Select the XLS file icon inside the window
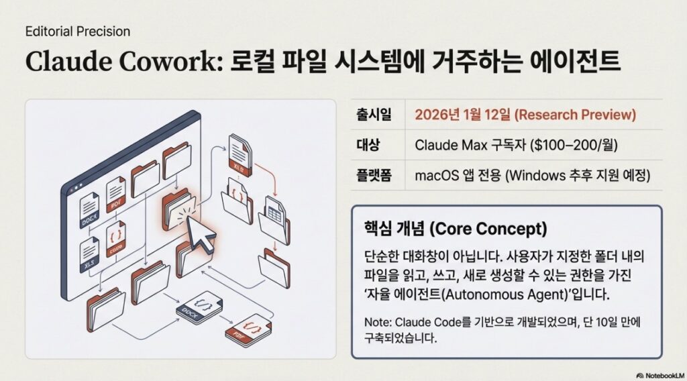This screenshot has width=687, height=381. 89,254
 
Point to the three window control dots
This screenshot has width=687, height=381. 75,187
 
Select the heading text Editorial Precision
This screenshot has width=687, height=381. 78,32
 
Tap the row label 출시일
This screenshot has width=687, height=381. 374,115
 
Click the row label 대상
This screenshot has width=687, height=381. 368,145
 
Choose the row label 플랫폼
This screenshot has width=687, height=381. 374,175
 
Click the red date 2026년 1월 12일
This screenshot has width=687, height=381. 462,115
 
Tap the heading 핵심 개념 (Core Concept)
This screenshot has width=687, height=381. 456,229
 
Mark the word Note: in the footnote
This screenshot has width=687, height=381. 378,323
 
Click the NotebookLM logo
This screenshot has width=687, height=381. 660,376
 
